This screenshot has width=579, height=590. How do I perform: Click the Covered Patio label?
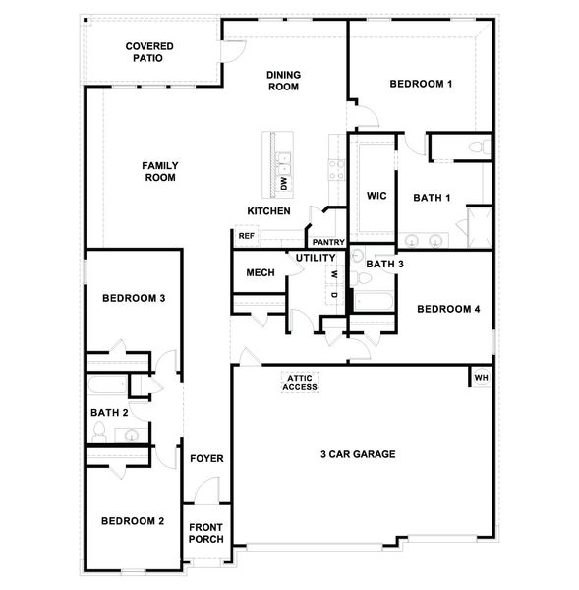click(x=149, y=52)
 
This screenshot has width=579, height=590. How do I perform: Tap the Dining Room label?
click(x=283, y=81)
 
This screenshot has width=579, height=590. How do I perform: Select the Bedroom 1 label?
click(x=421, y=85)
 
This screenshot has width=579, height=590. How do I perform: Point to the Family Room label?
click(x=159, y=172)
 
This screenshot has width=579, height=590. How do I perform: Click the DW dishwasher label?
click(x=283, y=183)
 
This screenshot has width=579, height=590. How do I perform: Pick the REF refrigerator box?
click(x=246, y=236)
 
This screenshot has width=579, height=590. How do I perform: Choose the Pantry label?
click(x=326, y=242)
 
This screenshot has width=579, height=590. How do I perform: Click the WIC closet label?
click(x=376, y=197)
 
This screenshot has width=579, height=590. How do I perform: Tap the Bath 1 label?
click(x=432, y=198)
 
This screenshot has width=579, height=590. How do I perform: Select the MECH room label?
click(x=260, y=273)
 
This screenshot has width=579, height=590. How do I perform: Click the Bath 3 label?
click(x=385, y=264)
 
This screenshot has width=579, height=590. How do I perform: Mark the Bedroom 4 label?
click(x=447, y=309)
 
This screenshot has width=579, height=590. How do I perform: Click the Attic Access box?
click(x=301, y=383)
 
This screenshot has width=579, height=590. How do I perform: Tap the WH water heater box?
click(x=481, y=378)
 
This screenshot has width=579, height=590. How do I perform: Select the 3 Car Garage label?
click(x=358, y=454)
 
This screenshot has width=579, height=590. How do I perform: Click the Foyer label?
click(x=207, y=459)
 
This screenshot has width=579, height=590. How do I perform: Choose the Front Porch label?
click(x=206, y=533)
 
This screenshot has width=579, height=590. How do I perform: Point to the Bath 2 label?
click(x=110, y=413)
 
